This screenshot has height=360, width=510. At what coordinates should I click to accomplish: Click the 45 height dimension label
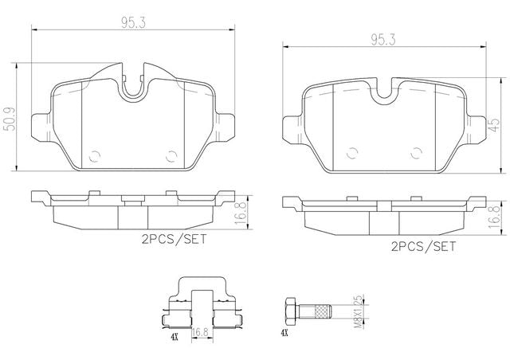click(x=494, y=125)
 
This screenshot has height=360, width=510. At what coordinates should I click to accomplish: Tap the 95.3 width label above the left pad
click(x=133, y=23)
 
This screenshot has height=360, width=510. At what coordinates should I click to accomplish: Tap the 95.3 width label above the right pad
click(x=383, y=40)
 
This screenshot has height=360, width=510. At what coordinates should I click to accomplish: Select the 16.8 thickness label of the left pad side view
click(x=241, y=213)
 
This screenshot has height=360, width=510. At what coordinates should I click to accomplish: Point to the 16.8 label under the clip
click(x=200, y=332)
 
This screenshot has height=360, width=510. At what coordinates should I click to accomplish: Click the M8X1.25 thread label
click(x=358, y=311)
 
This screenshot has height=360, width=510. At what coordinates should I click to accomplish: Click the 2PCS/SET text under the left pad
click(x=174, y=240)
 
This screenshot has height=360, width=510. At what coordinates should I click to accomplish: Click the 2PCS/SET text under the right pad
click(x=423, y=246)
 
